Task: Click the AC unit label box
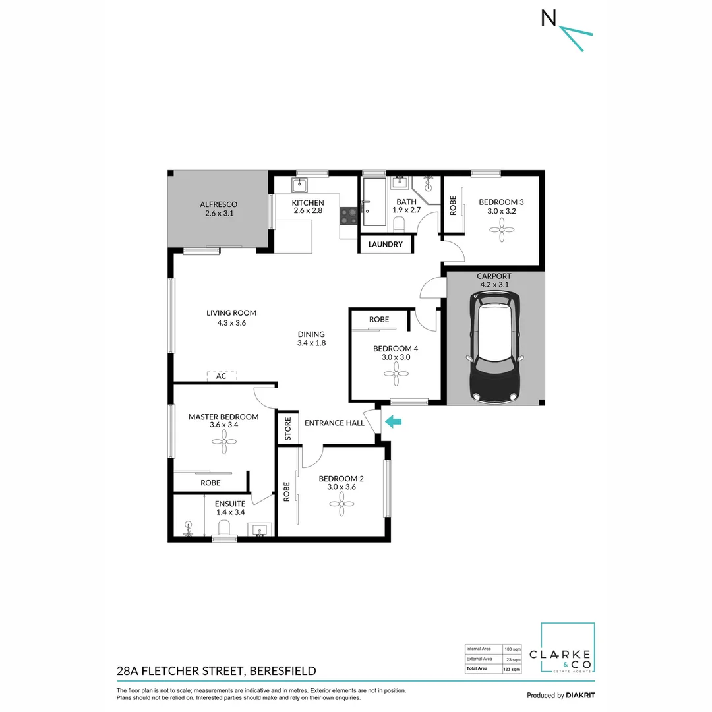(222, 376)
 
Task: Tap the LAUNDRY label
(386, 244)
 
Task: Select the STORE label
(288, 429)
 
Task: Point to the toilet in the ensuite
(223, 527)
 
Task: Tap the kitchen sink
(300, 183)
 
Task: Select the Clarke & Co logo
(568, 649)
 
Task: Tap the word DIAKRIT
(581, 695)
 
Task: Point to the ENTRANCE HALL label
(335, 423)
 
